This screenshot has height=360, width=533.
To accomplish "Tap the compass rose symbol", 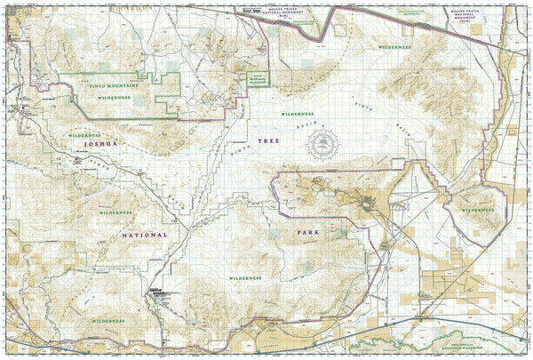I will coord(328,145).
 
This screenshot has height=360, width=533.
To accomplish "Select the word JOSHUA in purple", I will coord(97,142).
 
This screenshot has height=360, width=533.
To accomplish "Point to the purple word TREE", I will coord(267,141).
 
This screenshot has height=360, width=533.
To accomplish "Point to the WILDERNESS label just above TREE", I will coord(298,115).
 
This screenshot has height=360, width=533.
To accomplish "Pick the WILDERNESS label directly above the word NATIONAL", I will coord(115,213).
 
